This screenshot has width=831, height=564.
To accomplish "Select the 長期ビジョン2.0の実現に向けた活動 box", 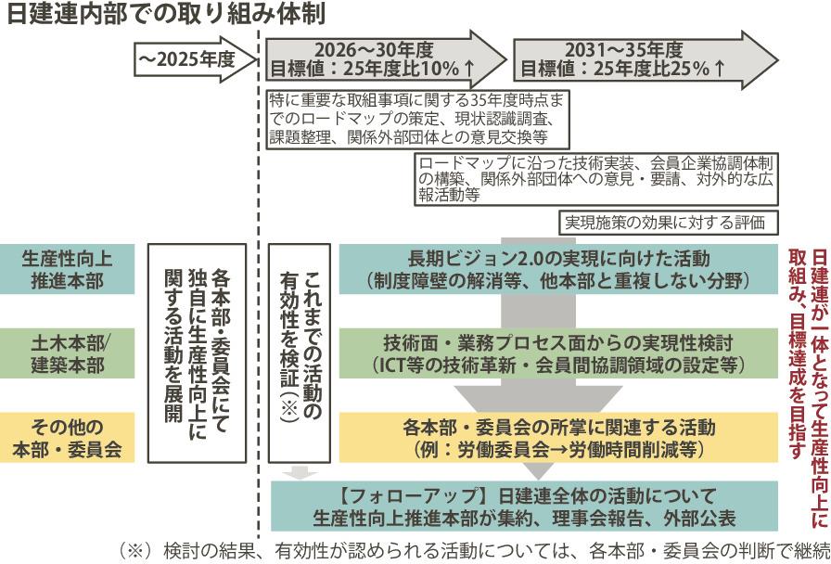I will pos(557,267).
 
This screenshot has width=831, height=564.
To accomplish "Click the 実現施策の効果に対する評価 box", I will pos(667,223).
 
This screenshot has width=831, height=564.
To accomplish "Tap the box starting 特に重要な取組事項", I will pos(416,116).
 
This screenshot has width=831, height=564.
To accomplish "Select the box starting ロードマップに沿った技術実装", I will pos(595,179).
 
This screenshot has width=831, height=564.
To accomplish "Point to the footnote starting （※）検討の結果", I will pos(473,549).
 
